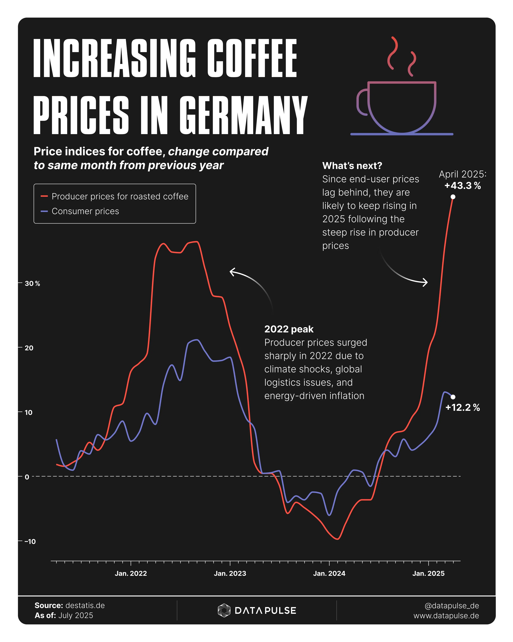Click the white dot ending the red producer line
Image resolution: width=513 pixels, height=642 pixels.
(453, 197)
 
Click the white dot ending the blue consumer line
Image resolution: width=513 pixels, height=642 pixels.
(453, 397)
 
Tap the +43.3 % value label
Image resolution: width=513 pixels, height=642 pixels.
(462, 186)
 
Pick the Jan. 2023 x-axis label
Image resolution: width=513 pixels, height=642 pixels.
(230, 574)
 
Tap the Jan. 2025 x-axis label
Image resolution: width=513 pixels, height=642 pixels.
(428, 574)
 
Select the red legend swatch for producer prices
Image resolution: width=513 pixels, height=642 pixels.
(44, 196)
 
